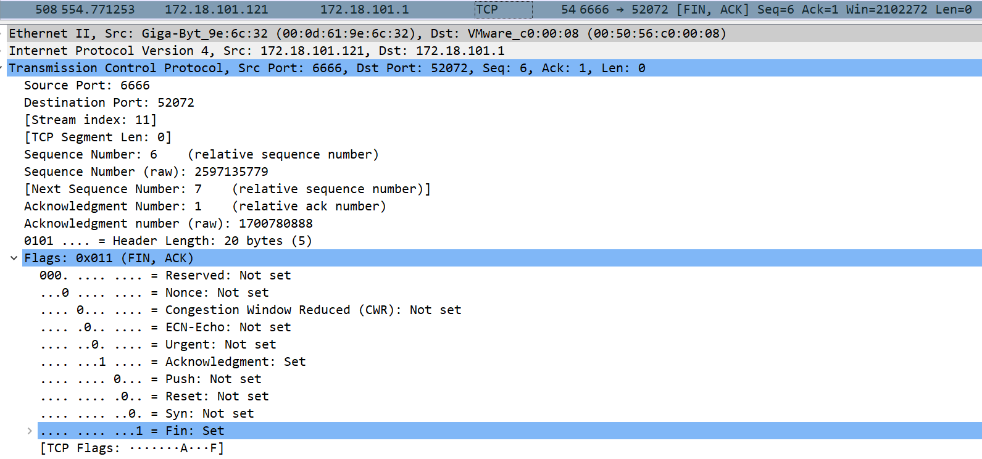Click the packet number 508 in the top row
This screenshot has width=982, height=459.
pos(46,9)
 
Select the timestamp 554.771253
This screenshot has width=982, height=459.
pos(98,9)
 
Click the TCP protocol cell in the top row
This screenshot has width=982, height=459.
pos(487,9)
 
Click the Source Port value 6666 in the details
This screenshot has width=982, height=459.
pos(135,85)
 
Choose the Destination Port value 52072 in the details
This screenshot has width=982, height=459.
pos(176,102)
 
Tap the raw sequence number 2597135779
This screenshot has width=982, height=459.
pos(231,172)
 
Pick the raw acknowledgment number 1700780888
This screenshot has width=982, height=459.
pos(276,223)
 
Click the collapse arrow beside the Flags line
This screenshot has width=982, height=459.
pos(14,258)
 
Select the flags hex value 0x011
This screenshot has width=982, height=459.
pos(94,258)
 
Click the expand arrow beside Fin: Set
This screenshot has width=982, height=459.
pos(29,431)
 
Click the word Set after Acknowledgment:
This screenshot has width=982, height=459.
pos(294,362)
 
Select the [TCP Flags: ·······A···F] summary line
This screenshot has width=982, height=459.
pos(131,448)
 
